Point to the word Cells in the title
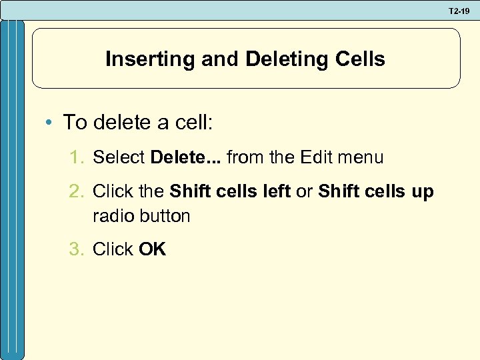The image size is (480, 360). [x=361, y=59]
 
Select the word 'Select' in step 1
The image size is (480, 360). [x=119, y=158]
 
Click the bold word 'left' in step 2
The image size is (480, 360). [x=277, y=192]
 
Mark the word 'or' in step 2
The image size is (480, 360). [x=304, y=192]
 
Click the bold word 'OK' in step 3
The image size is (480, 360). [x=152, y=249]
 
